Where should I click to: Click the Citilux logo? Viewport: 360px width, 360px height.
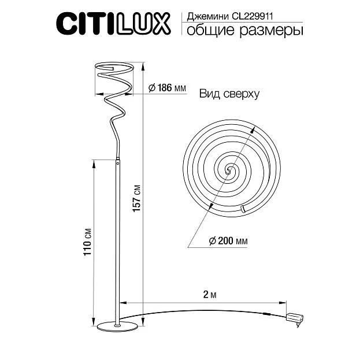(x=113, y=24)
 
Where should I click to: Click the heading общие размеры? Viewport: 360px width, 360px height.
(x=244, y=31)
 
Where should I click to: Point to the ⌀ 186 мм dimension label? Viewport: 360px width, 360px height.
(x=167, y=88)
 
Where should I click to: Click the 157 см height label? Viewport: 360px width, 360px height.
(x=136, y=198)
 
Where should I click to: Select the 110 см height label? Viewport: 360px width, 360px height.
(x=87, y=242)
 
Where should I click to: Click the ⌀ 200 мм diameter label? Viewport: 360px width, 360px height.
(x=228, y=241)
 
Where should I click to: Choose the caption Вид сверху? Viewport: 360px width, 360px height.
(x=229, y=94)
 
